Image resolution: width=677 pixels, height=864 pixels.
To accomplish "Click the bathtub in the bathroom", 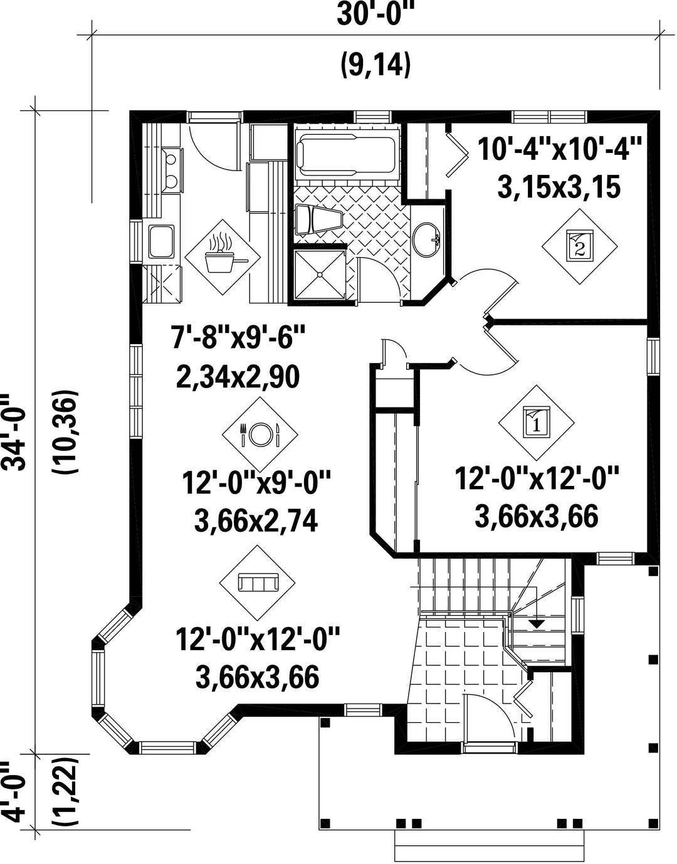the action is tap(347, 155).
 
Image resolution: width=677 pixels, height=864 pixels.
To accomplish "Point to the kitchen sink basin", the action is tap(161, 241).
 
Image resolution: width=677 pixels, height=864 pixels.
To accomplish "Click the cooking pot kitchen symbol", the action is tap(223, 257).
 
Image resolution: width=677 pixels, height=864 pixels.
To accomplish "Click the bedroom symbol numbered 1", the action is tap(537, 423).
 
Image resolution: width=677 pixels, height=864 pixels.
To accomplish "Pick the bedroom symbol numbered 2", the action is tap(580, 246).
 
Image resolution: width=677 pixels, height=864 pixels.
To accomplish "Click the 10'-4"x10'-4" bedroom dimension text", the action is tap(559, 149).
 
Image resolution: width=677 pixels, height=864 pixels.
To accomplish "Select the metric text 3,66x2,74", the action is tap(256, 521).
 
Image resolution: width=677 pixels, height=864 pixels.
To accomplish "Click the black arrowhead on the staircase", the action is tap(537, 624).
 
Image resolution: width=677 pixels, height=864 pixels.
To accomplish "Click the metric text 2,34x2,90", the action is tap(238, 377).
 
